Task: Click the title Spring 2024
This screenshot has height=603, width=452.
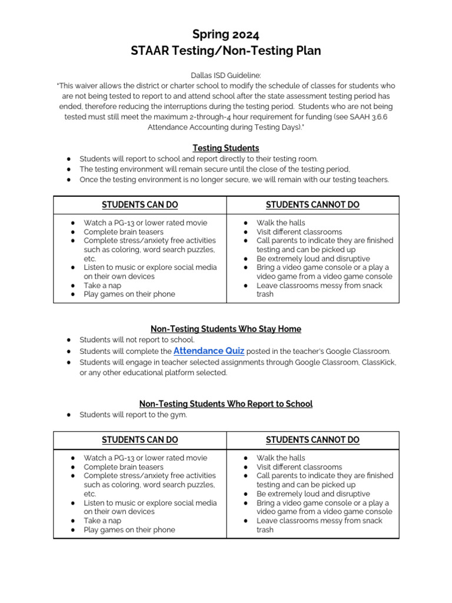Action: point(226,34)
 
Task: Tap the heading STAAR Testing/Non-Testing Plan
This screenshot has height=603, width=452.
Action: point(226,51)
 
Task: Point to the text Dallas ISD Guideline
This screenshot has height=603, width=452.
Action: point(226,76)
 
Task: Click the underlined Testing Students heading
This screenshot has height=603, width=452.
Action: point(226,148)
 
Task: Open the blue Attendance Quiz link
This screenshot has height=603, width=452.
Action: point(209,350)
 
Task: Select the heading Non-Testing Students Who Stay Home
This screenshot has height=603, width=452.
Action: point(226,329)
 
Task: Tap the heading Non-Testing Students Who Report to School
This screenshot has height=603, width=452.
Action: point(226,403)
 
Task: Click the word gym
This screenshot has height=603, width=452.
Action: point(180,415)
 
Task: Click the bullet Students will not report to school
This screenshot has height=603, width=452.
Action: point(137,340)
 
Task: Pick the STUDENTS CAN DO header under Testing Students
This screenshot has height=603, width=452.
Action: point(139,205)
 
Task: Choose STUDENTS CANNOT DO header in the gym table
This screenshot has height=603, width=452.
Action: point(313,440)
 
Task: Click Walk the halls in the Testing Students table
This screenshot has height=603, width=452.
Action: point(281,223)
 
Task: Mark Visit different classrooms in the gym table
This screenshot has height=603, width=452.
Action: point(299,466)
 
